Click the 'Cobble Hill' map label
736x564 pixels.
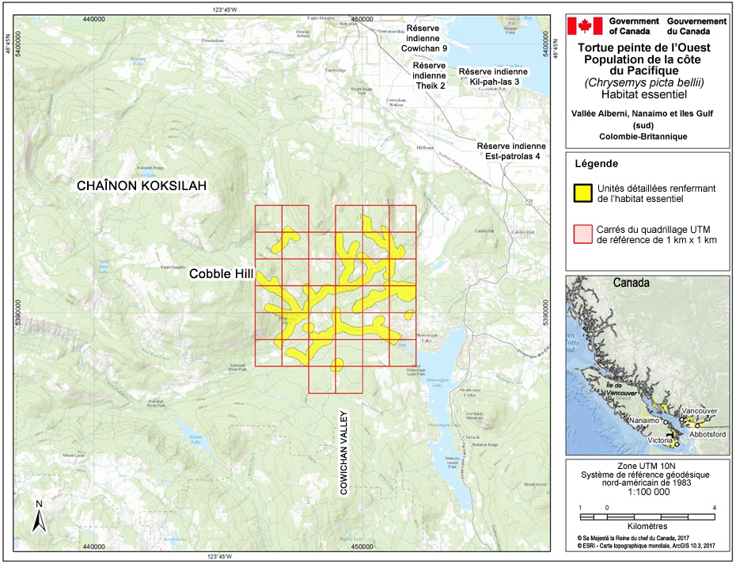(220, 274)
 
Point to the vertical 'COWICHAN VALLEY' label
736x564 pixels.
(343, 452)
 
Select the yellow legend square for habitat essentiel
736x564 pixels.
(583, 192)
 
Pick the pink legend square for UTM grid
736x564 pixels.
(583, 233)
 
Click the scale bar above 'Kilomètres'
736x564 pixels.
(647, 516)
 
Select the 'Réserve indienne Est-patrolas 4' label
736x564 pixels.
(510, 151)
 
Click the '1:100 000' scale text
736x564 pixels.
(647, 491)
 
